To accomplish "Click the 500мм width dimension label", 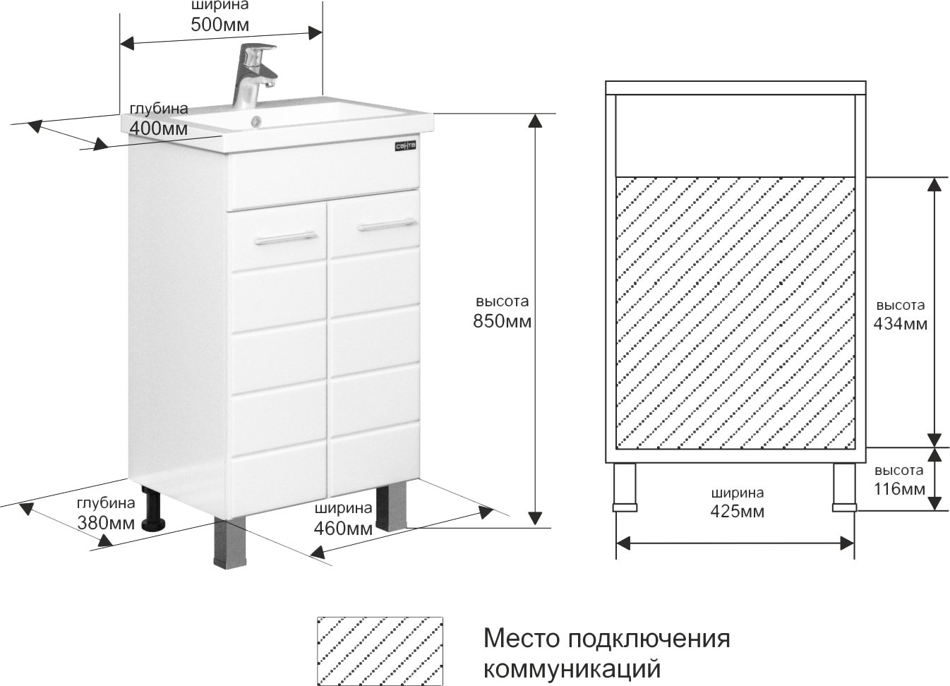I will coord(220,25).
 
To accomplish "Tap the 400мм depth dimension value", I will coord(159,129).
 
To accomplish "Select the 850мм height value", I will coord(502,322).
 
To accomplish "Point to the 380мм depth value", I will coord(107,524).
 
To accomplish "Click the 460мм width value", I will coord(343,528).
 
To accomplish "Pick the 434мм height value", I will coord(901,324).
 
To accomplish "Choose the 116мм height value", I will coord(898,488).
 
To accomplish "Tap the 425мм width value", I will coord(737,512).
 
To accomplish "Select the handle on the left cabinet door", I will coord(286,237).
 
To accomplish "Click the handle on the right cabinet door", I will coord(386,225).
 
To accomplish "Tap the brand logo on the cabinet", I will coord(404,146).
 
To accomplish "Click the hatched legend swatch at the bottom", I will coord(380,649).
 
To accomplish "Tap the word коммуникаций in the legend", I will coord(572,667).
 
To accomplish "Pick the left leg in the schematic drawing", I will coord(625,488).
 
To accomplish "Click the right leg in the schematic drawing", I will coord(844,488).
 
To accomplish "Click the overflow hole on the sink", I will coord(255,121).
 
